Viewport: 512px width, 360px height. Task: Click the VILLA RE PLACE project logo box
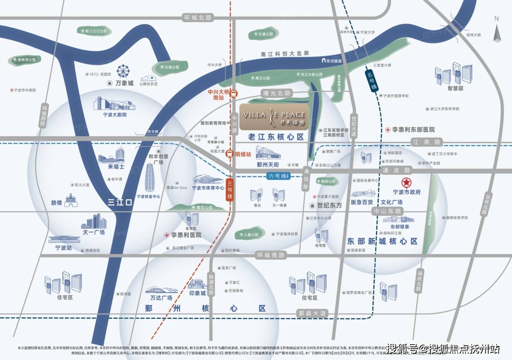274,117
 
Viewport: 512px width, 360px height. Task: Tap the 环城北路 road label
198,18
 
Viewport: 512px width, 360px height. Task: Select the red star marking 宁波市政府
406,182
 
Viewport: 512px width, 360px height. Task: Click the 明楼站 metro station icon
230,154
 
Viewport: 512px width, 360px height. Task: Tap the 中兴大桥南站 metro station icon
234,94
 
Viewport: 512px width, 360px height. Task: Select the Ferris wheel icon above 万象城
123,71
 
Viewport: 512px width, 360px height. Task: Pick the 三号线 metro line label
230,190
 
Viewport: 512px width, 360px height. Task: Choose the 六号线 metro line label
279,176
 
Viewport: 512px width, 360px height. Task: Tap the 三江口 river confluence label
120,202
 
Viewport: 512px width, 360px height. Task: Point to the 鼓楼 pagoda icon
71,201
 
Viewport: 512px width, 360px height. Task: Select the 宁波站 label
63,248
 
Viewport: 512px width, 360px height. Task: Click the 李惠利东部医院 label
413,130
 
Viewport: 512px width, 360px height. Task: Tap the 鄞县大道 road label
312,313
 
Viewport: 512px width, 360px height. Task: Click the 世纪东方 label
329,206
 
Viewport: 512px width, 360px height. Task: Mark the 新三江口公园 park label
94,31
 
